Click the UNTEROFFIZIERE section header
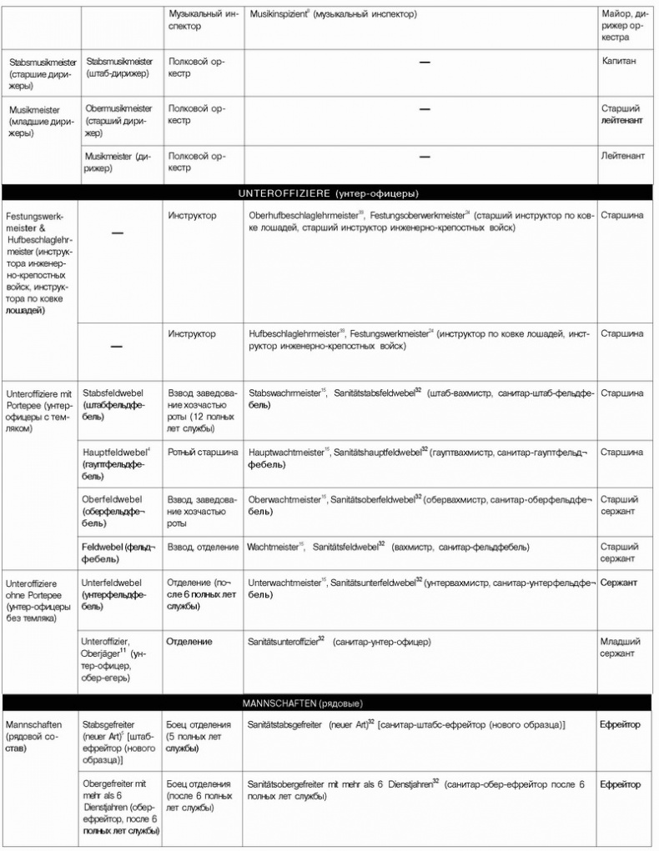(328, 193)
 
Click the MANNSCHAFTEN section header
(328, 703)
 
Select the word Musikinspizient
(279, 16)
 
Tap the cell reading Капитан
(620, 62)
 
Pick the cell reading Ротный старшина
(203, 452)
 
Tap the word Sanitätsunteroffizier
(283, 642)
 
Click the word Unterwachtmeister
(284, 583)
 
